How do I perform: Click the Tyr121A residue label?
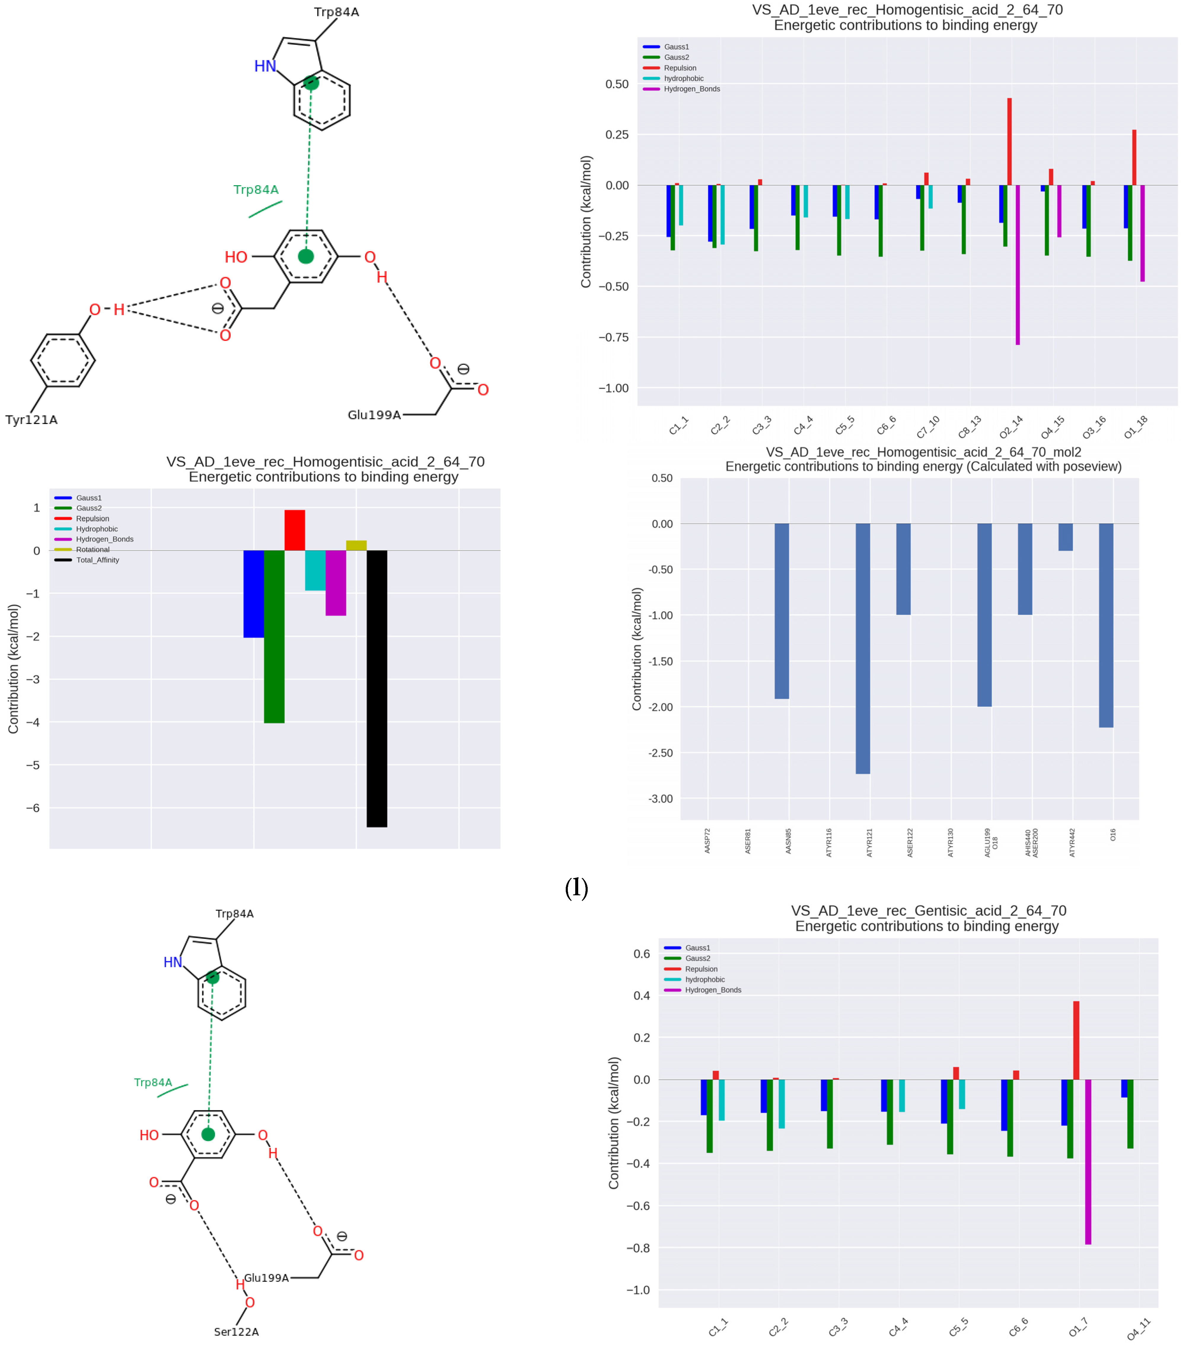pos(32,420)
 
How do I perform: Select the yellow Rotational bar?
pos(356,545)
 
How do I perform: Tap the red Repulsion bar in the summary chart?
pos(294,530)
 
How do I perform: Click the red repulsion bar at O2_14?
pos(1009,141)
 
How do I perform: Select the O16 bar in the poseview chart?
pos(1106,625)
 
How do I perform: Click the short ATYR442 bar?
pos(1065,537)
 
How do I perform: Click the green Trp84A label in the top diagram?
pos(256,189)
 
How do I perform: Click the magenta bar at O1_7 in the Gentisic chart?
pos(1088,1161)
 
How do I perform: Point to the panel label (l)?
pos(576,888)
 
